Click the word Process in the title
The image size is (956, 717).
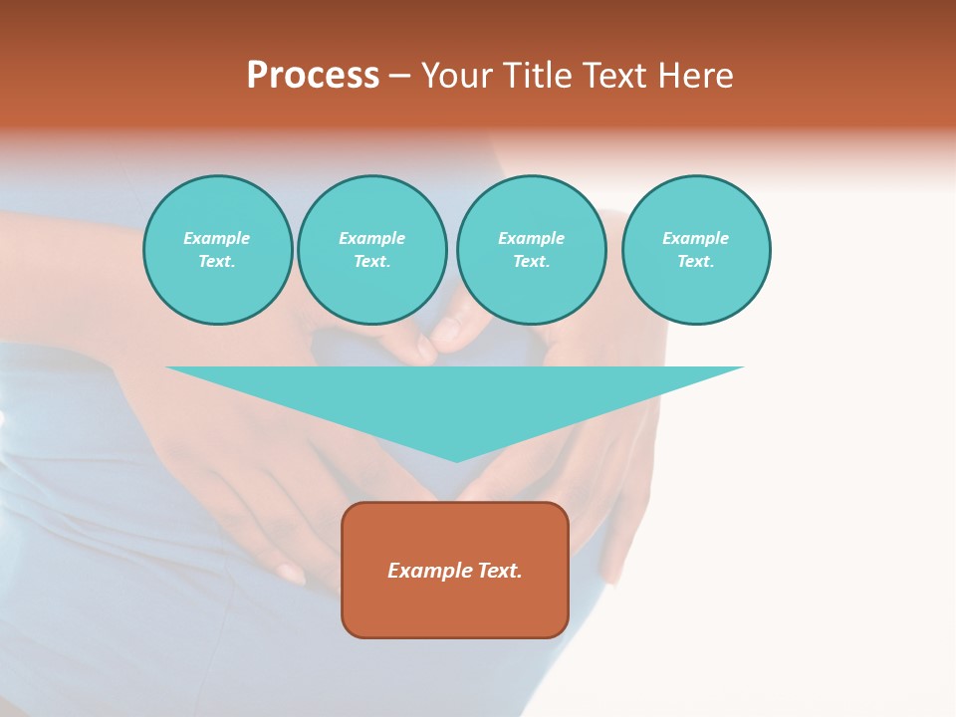[x=313, y=76]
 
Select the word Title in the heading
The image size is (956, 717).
[x=538, y=76]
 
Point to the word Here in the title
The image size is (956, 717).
[x=694, y=76]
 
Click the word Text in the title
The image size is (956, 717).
[x=613, y=76]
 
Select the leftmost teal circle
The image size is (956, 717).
[x=218, y=250]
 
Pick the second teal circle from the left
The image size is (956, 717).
[x=372, y=250]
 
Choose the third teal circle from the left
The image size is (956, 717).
[x=532, y=250]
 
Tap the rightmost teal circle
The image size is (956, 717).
[x=696, y=250]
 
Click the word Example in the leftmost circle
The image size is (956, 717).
[x=217, y=238]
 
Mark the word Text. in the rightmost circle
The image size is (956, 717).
[x=696, y=262]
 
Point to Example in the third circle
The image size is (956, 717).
[x=532, y=238]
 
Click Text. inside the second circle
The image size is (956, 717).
[x=372, y=262]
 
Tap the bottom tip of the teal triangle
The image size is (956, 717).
[x=456, y=459]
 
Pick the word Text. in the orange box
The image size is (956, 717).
[x=498, y=571]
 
